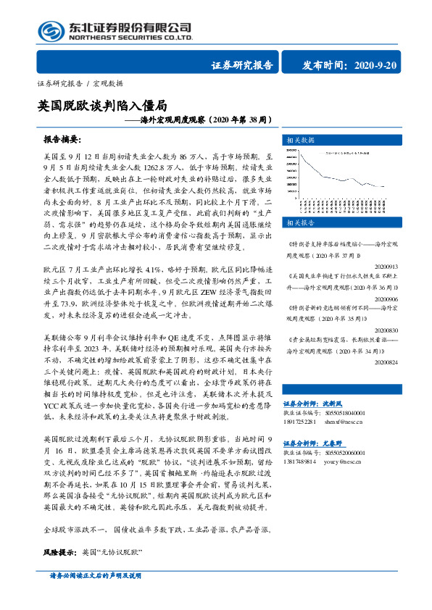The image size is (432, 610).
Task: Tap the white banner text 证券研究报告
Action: pyautogui.click(x=241, y=66)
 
